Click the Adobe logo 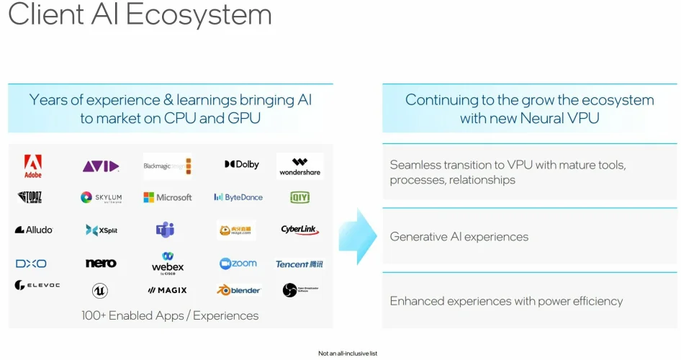tap(32, 166)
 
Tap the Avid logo tap(100, 166)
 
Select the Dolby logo tap(242, 165)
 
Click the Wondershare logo tap(300, 166)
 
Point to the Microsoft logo tap(168, 197)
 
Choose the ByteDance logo tap(238, 197)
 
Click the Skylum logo tap(102, 197)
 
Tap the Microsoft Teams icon tap(165, 230)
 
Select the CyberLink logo tap(300, 230)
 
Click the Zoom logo tap(238, 264)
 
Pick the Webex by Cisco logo tap(168, 263)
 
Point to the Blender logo tap(238, 290)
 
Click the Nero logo tap(101, 264)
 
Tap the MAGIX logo tap(167, 290)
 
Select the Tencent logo tap(299, 264)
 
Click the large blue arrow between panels tap(358, 237)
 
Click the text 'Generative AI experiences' tap(459, 237)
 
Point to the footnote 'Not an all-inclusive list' tap(348, 354)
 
